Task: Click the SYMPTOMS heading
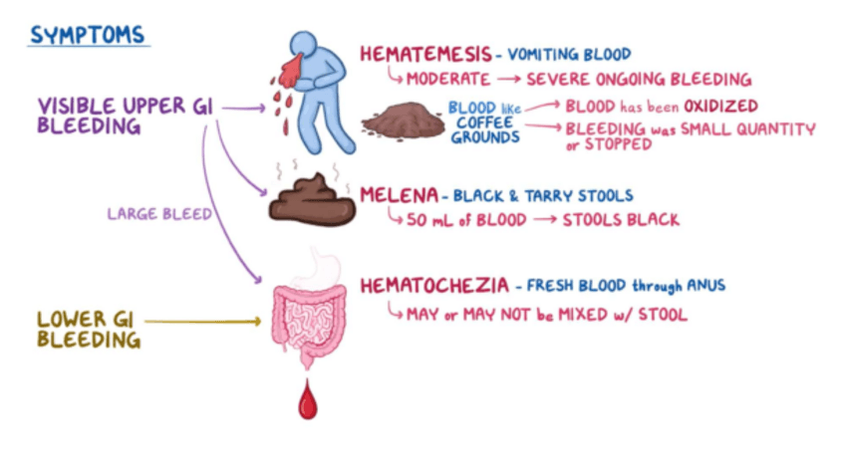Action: pyautogui.click(x=88, y=35)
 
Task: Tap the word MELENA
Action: pyautogui.click(x=396, y=195)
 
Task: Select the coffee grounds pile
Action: pyautogui.click(x=404, y=121)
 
